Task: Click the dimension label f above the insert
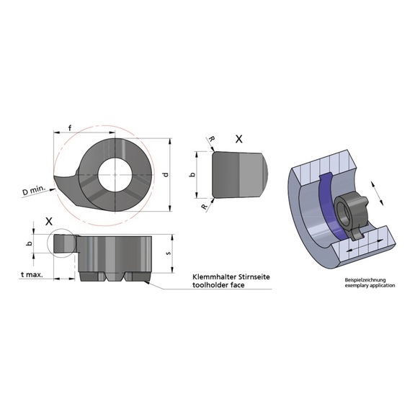tap(69, 128)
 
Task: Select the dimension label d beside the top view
tap(166, 175)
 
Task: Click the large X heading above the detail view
tap(239, 137)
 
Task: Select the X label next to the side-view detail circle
tap(49, 221)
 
